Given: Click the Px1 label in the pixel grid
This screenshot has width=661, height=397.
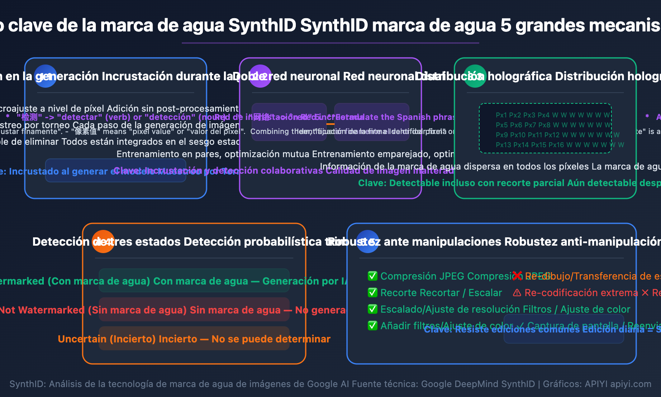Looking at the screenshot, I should pos(501,115).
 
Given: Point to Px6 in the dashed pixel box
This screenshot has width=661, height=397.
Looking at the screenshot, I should pos(516,125).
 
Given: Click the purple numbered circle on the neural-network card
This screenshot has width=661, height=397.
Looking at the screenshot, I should pos(260,76).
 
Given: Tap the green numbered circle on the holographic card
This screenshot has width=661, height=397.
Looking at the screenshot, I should pos(475,76).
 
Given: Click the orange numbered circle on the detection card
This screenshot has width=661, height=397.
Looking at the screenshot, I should pos(103,242).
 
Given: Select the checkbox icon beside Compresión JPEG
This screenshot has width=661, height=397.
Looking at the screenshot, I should pos(373,276).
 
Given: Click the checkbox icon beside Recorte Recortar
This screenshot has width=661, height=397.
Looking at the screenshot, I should pos(373,292).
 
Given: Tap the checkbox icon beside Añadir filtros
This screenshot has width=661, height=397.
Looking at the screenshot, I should pos(373,325).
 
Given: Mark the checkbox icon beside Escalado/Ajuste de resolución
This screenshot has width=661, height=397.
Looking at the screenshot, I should pos(373,309).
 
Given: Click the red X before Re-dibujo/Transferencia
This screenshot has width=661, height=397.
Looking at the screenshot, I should pos(517,276).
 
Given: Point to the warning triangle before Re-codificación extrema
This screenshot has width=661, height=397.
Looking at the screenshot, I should pos(517,293).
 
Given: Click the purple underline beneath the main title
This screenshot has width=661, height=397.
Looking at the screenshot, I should pos(330,43).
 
